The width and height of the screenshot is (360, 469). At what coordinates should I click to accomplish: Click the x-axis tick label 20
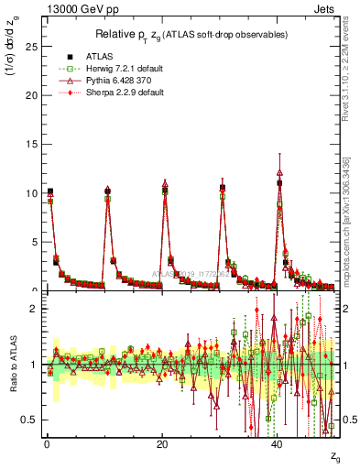[162, 444]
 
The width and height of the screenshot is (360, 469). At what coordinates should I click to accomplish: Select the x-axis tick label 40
[278, 444]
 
